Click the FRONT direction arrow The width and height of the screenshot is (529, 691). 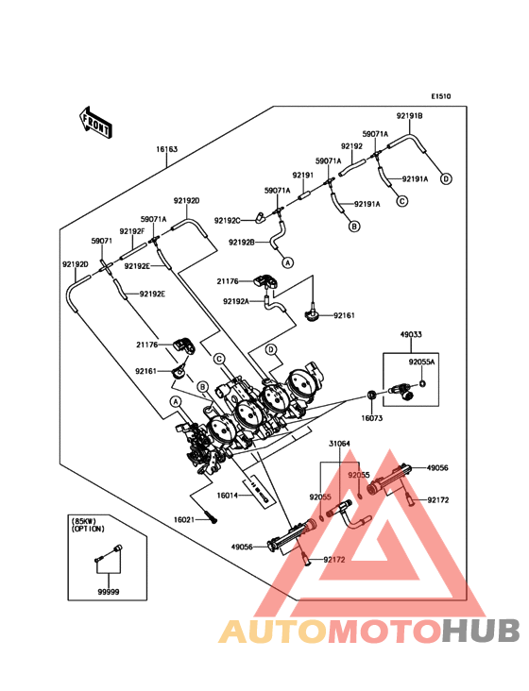pos(95,123)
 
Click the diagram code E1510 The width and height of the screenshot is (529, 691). pos(441,96)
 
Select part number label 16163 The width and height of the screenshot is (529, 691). pos(166,149)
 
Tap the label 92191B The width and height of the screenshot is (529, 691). pos(410,116)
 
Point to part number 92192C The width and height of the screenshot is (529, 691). pos(228,220)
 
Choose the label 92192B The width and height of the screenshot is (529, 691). pos(242,242)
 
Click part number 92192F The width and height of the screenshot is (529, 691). pos(132,231)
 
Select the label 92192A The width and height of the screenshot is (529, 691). pos(236,301)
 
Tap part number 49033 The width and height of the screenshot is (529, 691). pos(411,334)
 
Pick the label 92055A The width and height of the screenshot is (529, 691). pos(421,362)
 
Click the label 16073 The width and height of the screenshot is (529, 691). pos(372,418)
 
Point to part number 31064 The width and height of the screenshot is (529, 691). pos(339,444)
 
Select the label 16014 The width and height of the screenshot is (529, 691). pos(228,496)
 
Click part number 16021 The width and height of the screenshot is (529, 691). pos(184,520)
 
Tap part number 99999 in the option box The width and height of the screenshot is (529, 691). pos(109,592)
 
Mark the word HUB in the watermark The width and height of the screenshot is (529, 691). pos(482,631)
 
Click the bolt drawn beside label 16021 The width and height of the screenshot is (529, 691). pos(211,516)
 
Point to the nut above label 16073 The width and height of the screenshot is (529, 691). pos(372,395)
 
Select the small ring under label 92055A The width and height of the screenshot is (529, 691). pos(422,383)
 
